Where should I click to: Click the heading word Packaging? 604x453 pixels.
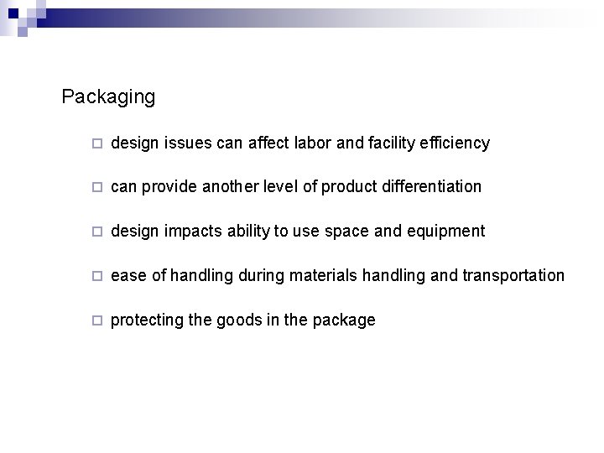(x=108, y=97)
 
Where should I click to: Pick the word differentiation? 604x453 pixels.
(x=426, y=186)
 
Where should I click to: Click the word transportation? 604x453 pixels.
(x=513, y=275)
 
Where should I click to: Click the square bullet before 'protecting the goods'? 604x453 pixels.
(x=97, y=320)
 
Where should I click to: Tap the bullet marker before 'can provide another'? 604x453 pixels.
(x=97, y=187)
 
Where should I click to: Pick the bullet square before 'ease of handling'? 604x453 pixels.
(x=97, y=276)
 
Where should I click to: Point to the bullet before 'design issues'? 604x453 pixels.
(x=97, y=143)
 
